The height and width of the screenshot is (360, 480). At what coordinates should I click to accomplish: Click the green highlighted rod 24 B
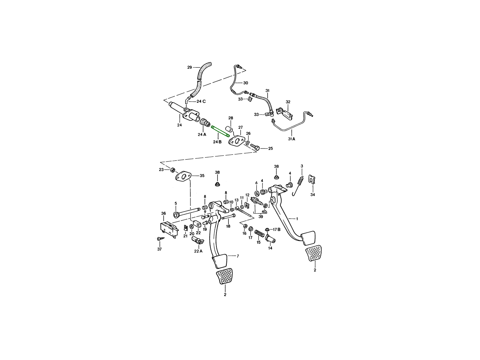click(220, 131)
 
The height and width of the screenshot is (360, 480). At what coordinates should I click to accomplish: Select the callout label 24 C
click(201, 102)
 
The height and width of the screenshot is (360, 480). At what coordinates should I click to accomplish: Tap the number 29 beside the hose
click(189, 67)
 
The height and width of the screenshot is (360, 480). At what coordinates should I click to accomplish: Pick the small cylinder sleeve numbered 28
click(229, 128)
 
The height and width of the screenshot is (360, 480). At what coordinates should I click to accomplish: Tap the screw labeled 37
click(160, 239)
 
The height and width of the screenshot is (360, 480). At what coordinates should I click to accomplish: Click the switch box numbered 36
click(170, 229)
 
